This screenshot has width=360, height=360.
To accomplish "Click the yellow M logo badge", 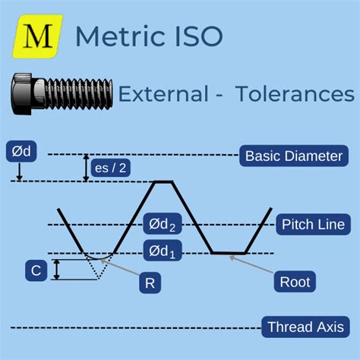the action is click(38, 36).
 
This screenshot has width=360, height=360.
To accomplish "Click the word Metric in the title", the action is click(120, 36).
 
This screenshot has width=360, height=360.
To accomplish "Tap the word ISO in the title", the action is click(199, 36).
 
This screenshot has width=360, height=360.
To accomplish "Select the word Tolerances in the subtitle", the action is click(295, 94).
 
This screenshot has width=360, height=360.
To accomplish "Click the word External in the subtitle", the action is click(163, 94).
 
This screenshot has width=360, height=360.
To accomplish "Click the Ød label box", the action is click(21, 151).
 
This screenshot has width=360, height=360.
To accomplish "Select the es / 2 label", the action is click(111, 168).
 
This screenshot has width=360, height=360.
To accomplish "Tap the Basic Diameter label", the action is click(294, 156).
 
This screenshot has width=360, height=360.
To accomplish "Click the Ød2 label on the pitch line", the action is click(163, 224).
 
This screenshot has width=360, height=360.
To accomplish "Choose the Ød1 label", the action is click(163, 251).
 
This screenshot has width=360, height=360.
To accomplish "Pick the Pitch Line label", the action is click(314, 224).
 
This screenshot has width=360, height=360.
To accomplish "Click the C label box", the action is click(36, 270).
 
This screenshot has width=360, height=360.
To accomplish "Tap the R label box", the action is click(150, 283).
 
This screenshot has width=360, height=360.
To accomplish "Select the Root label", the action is click(295, 282).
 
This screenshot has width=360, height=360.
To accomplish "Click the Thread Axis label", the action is click(306, 327).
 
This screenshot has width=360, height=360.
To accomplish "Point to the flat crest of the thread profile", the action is click(163, 182).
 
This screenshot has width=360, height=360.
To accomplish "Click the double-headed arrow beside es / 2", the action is click(87, 168).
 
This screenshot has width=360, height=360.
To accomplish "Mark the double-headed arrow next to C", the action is click(57, 270).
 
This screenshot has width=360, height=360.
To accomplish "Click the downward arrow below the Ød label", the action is click(20, 172).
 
